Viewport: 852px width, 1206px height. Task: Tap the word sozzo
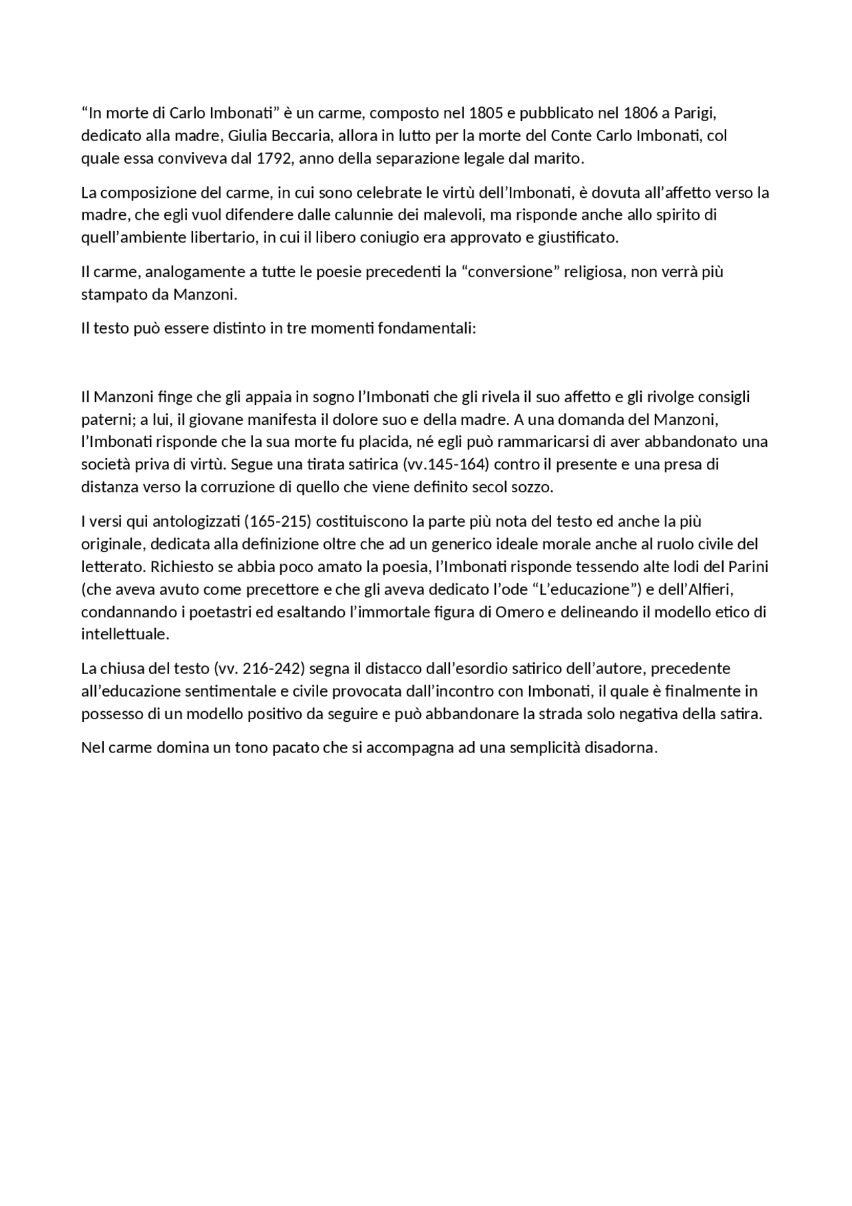[x=532, y=487]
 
